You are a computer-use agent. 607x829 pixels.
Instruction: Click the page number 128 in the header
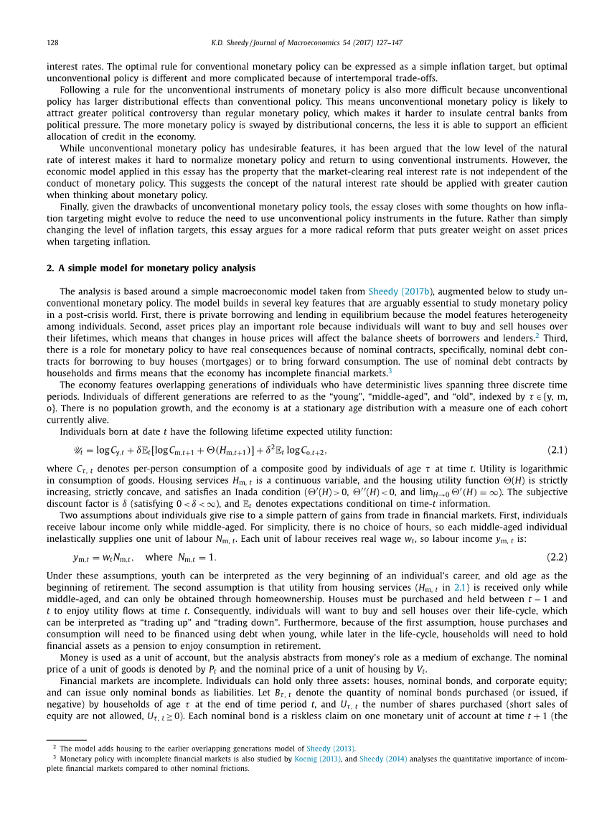[52, 43]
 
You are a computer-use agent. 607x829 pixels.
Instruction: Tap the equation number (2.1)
[557, 450]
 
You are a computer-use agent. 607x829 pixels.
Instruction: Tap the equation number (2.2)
[557, 557]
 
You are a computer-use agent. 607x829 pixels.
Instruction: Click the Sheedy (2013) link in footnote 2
[331, 748]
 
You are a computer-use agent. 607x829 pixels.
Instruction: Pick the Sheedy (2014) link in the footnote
[383, 758]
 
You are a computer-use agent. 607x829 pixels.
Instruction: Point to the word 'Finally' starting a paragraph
[73, 207]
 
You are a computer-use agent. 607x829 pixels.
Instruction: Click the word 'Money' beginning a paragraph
[73, 657]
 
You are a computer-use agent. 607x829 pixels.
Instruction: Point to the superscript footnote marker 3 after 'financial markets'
[390, 371]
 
